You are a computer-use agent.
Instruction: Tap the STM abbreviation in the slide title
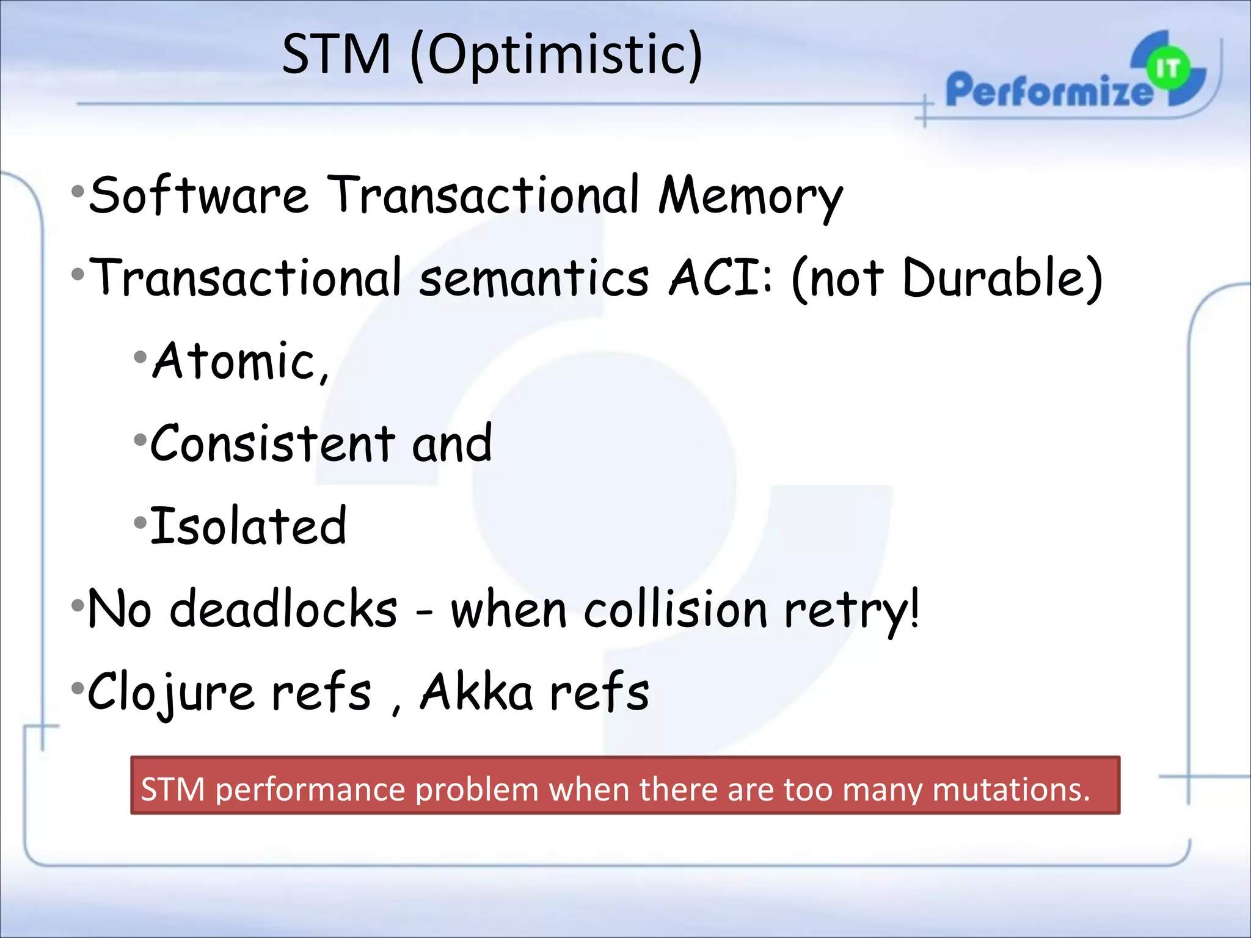(x=337, y=55)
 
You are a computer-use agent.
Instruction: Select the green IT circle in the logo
(x=1167, y=68)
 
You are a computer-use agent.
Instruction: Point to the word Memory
(x=751, y=197)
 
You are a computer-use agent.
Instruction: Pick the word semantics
(x=534, y=278)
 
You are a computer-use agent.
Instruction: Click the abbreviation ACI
(x=715, y=278)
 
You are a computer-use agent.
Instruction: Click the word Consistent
(x=272, y=444)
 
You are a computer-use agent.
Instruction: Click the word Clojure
(x=170, y=693)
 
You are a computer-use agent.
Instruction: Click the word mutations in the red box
(x=1011, y=789)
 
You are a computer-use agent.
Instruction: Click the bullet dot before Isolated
(x=140, y=523)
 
